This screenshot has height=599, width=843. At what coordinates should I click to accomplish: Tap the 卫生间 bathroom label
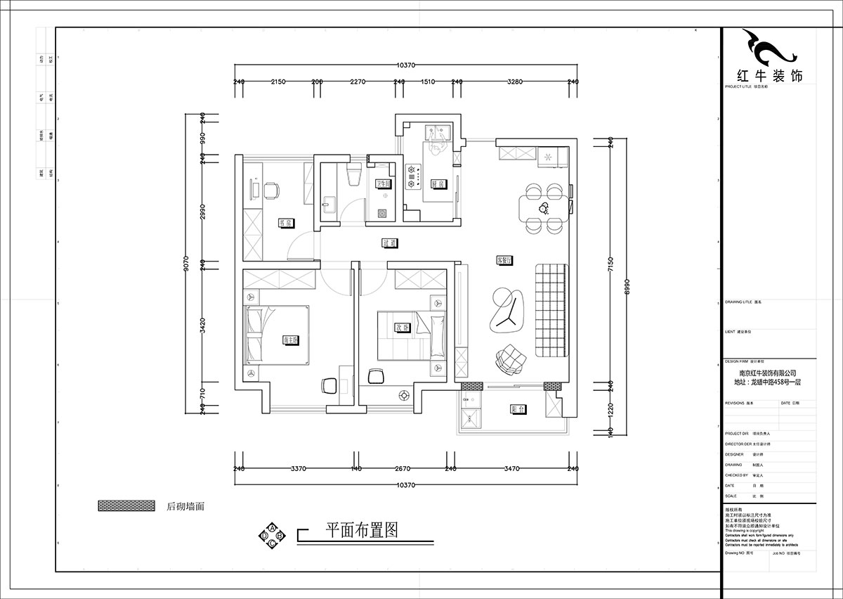(x=383, y=184)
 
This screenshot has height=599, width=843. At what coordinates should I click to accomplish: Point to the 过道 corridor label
(x=390, y=243)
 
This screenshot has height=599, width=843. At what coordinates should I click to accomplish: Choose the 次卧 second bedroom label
(x=401, y=328)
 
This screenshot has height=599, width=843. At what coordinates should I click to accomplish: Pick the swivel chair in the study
(x=271, y=189)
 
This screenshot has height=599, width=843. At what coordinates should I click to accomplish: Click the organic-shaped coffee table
(x=507, y=309)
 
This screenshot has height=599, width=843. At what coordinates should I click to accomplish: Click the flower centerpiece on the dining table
(x=543, y=207)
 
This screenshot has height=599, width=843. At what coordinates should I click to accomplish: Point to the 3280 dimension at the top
(x=515, y=82)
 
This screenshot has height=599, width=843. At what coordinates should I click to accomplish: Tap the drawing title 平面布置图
(x=362, y=529)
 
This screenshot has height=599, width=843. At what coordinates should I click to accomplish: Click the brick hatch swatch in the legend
(x=127, y=506)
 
